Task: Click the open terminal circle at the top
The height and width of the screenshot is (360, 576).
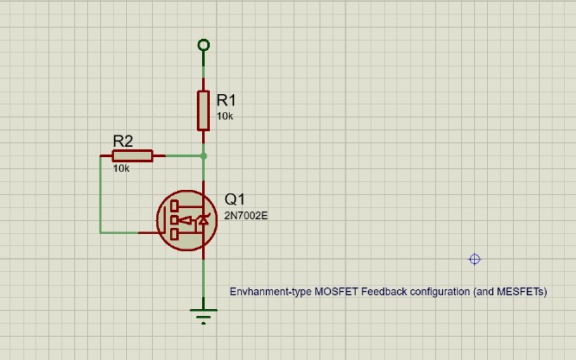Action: point(203,45)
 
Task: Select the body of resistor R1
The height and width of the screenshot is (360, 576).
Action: point(203,110)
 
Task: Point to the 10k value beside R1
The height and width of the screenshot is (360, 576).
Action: point(225,116)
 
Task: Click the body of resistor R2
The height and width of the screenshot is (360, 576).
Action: point(132,155)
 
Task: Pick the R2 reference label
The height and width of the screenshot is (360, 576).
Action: point(123,141)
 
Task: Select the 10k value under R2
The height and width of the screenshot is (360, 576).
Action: point(121,168)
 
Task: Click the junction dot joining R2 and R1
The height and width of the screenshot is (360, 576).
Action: point(203,156)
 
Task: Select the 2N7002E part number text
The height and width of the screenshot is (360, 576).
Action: point(246,215)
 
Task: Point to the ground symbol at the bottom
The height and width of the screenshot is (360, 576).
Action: point(203,315)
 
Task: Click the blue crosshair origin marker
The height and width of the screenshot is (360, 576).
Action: point(474,259)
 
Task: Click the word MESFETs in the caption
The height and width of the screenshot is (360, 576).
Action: point(522,292)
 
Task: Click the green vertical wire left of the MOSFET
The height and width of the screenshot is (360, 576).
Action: point(100,194)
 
